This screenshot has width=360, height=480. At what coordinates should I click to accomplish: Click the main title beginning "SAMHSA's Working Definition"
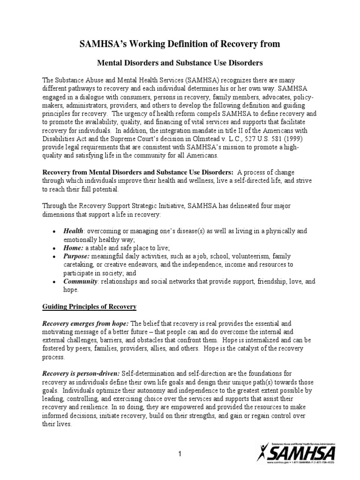coord(180,44)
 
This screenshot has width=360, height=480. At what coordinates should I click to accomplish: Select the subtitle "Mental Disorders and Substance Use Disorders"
coord(180,62)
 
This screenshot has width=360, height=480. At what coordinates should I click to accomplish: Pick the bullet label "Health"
coord(74,231)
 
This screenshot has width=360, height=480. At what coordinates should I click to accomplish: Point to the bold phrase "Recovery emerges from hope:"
coord(86,323)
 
